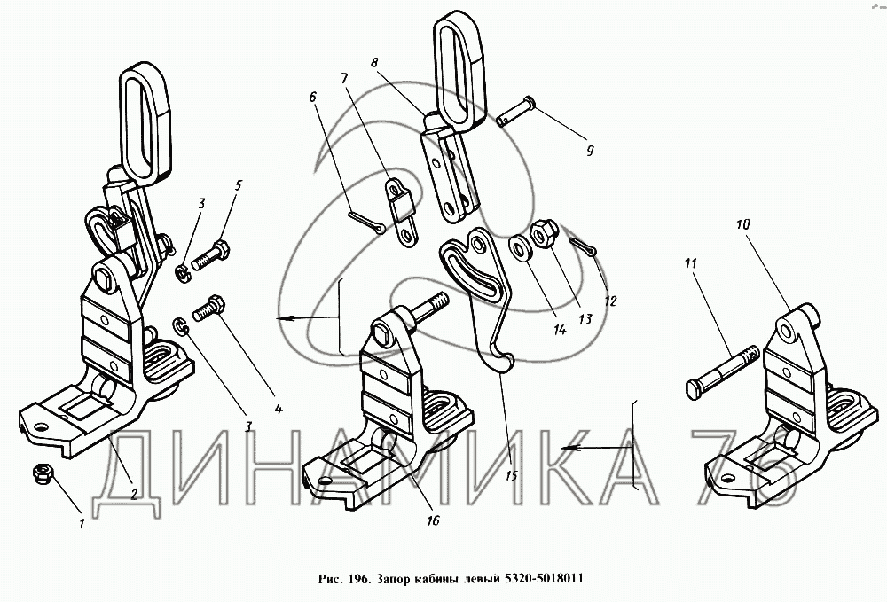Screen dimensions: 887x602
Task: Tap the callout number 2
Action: point(133,495)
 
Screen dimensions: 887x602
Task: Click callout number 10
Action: point(742,225)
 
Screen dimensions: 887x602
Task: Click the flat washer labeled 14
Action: point(518,249)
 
